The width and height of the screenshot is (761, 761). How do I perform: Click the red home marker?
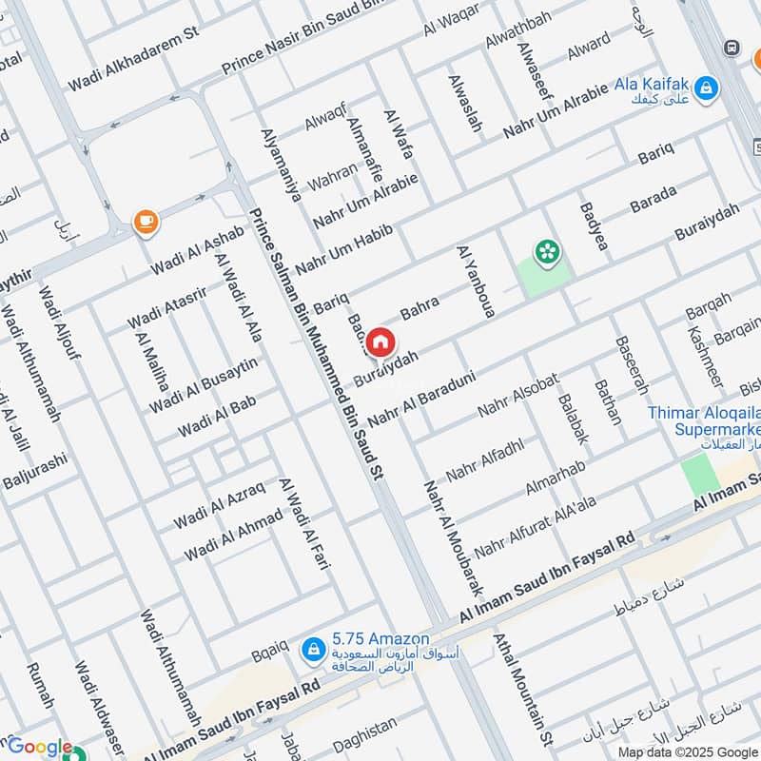pos(380,342)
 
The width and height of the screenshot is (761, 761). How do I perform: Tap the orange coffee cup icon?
pos(146,222)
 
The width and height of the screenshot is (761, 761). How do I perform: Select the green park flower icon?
pos(547,252)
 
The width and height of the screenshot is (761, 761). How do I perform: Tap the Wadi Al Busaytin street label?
pos(203,385)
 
